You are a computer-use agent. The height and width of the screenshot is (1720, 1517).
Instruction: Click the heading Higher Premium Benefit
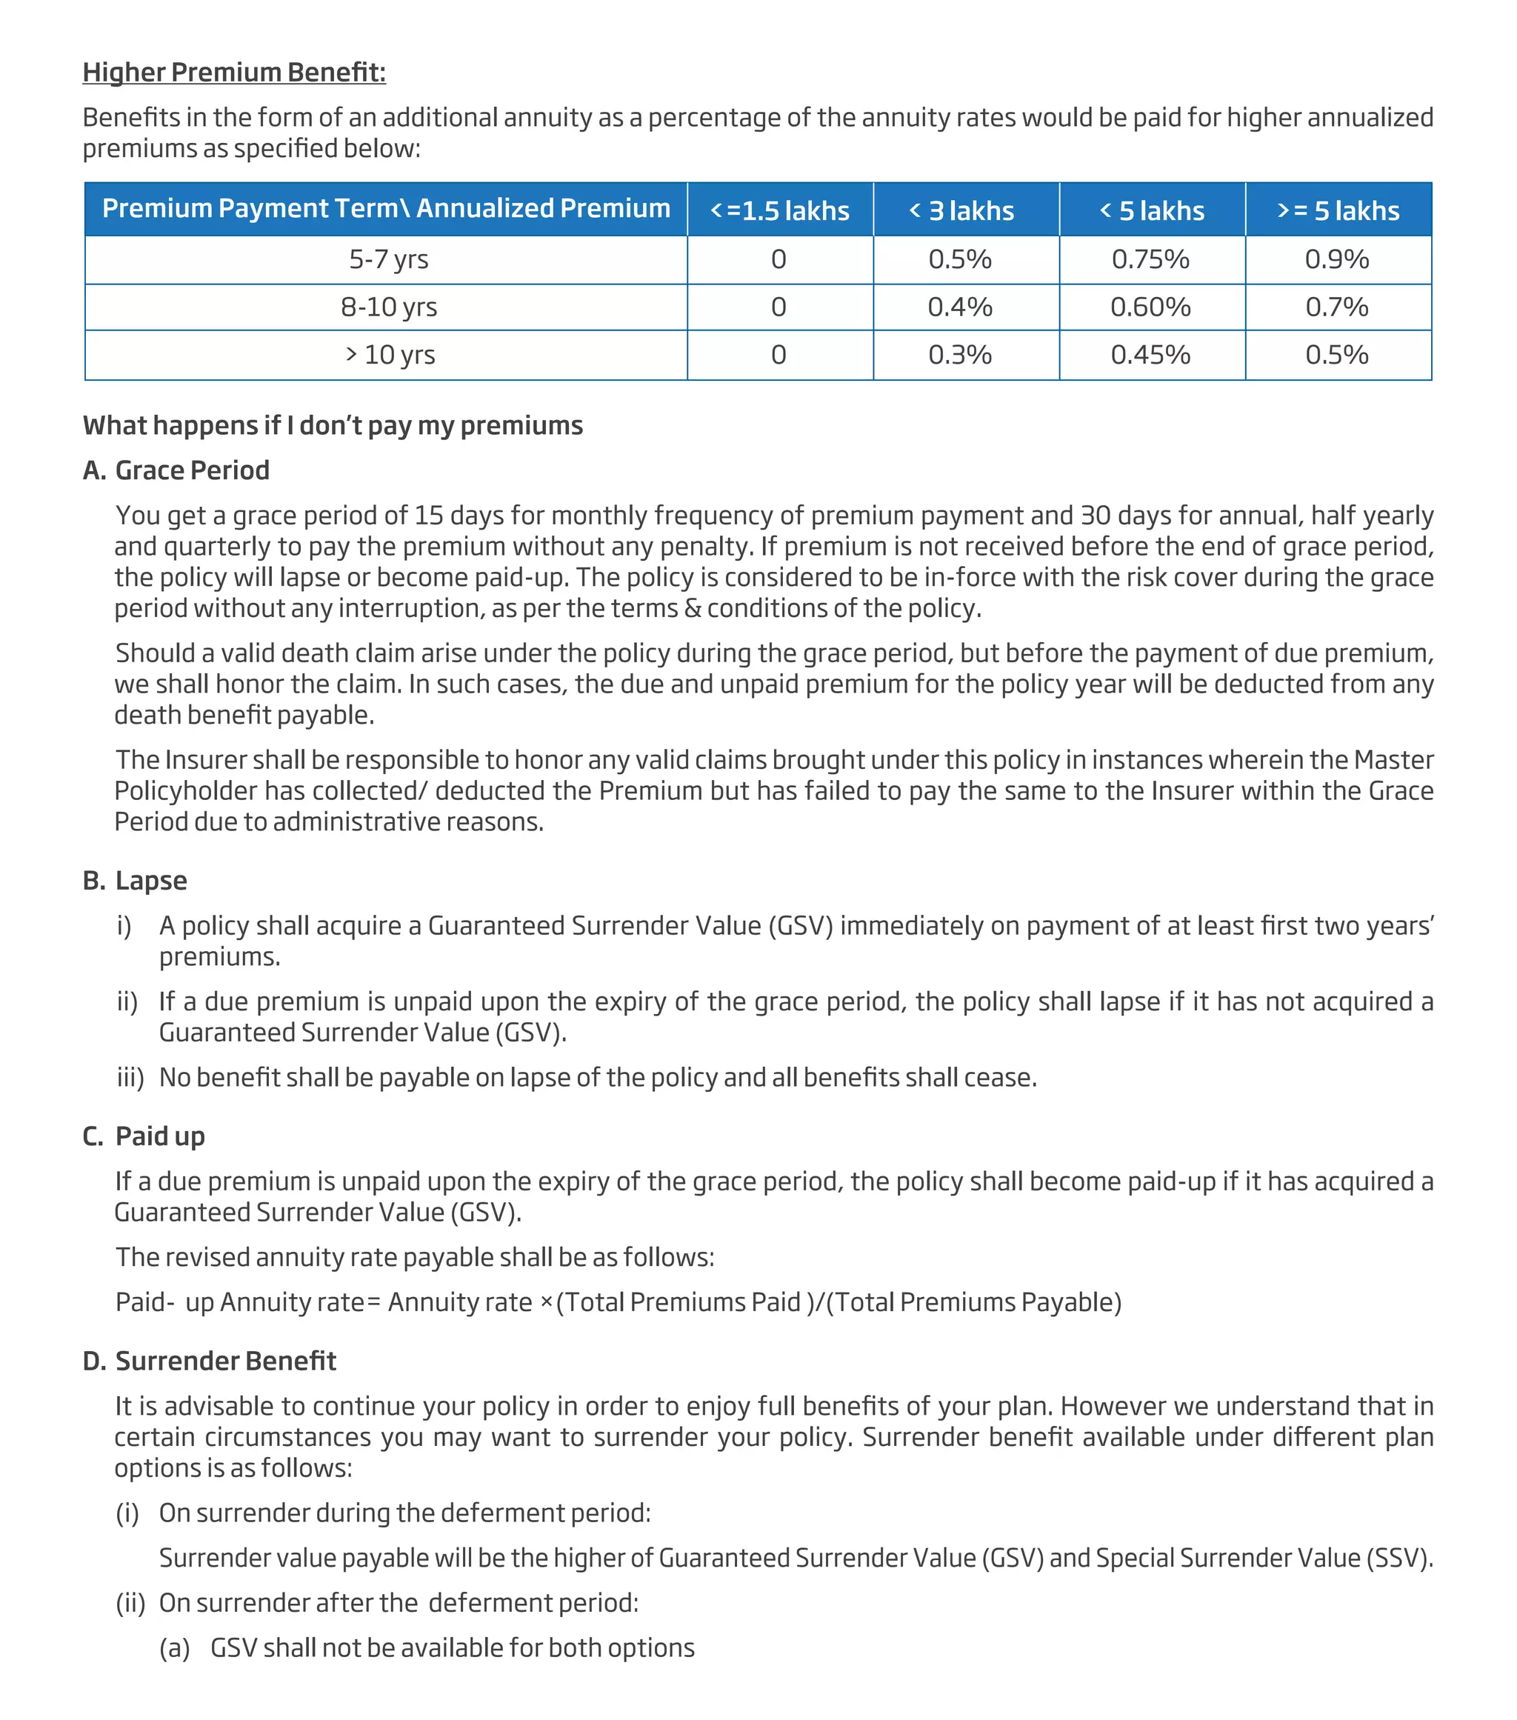pyautogui.click(x=234, y=73)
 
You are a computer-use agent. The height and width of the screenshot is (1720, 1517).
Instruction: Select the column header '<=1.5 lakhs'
pyautogui.click(x=780, y=210)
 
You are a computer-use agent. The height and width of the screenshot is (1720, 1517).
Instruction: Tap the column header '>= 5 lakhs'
pyautogui.click(x=1338, y=210)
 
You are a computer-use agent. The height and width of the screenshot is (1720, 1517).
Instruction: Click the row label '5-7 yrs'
pyautogui.click(x=389, y=259)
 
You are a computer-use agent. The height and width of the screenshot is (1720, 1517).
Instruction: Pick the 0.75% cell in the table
pyautogui.click(x=1150, y=259)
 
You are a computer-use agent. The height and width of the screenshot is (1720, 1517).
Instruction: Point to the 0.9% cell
pyautogui.click(x=1337, y=259)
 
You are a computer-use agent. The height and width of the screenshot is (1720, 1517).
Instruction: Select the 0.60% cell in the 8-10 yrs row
pyautogui.click(x=1150, y=307)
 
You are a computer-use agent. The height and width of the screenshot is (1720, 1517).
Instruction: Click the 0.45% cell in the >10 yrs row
pyautogui.click(x=1150, y=355)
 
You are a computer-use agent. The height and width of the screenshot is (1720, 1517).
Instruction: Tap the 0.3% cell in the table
pyautogui.click(x=960, y=355)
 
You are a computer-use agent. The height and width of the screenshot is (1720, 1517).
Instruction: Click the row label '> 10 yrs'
pyautogui.click(x=390, y=355)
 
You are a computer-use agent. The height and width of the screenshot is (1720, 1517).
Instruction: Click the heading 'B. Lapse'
pyautogui.click(x=136, y=881)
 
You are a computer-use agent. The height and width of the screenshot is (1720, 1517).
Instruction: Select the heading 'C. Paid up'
pyautogui.click(x=144, y=1137)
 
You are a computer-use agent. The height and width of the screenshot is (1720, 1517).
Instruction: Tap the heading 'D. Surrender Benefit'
pyautogui.click(x=210, y=1361)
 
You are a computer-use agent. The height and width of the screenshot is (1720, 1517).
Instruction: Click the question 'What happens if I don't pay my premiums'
pyautogui.click(x=333, y=426)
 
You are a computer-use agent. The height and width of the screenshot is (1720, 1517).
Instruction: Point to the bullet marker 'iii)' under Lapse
pyautogui.click(x=130, y=1078)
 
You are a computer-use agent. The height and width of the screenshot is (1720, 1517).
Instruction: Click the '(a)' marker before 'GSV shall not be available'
pyautogui.click(x=175, y=1647)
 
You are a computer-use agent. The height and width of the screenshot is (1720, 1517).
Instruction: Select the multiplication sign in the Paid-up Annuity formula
pyautogui.click(x=547, y=1303)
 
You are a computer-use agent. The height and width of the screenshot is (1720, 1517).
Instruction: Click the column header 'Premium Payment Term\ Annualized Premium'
pyautogui.click(x=386, y=209)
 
